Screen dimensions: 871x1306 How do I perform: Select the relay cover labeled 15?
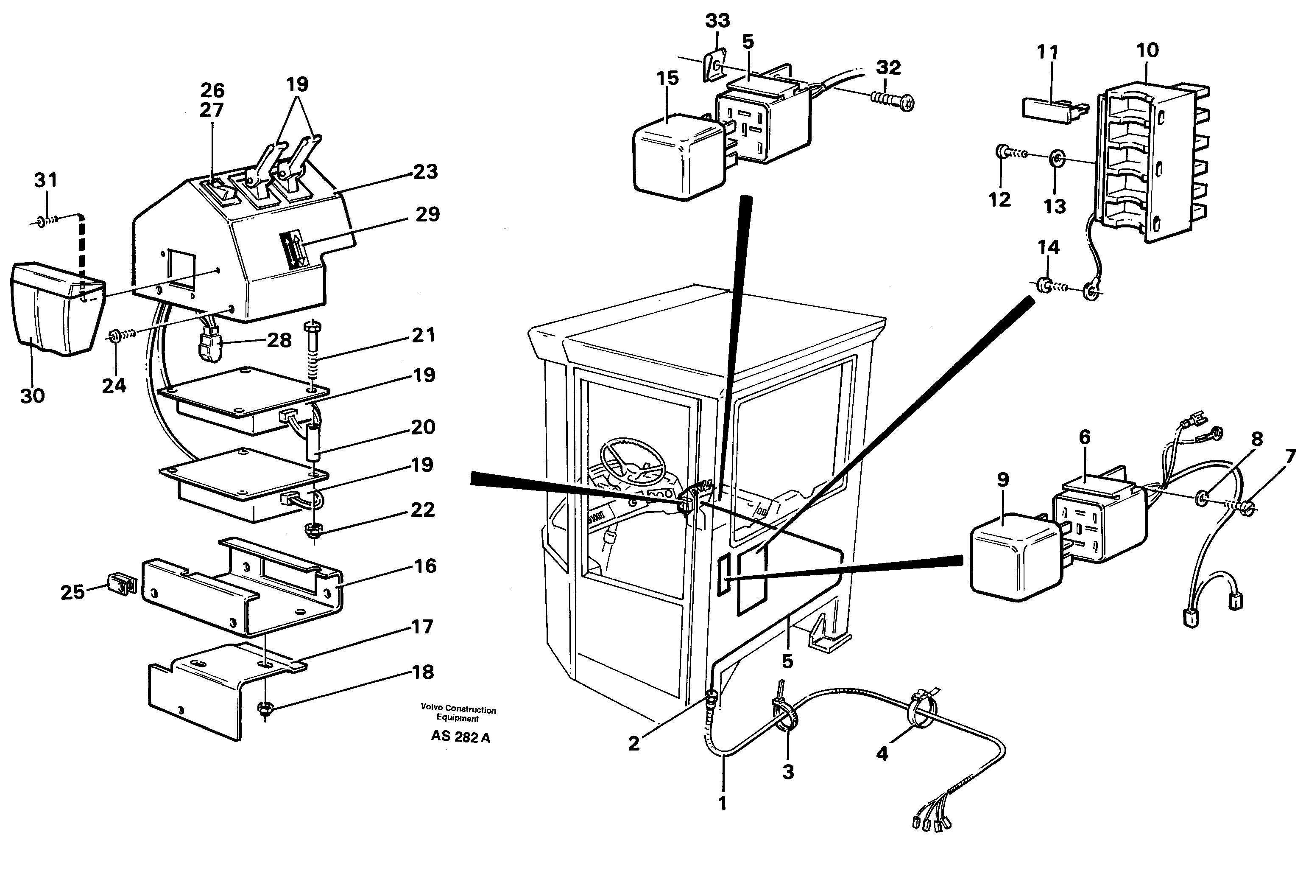678,157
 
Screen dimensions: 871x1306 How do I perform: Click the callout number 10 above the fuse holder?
1147,50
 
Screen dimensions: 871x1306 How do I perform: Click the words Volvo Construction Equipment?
458,713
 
